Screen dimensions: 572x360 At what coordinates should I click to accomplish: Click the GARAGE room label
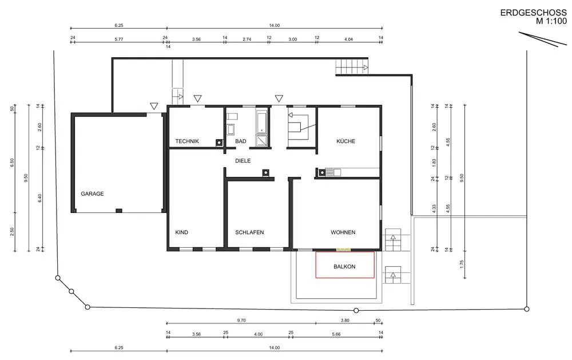point(92,194)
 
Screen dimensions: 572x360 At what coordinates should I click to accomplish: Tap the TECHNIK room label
point(187,141)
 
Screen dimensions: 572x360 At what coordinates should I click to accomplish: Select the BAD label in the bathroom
point(240,141)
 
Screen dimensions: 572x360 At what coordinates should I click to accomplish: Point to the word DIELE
point(243,161)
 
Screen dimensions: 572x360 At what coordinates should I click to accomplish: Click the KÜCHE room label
point(345,141)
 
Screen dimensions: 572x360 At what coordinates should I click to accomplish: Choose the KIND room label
point(182,232)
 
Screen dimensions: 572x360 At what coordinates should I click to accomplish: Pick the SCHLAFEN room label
point(249,232)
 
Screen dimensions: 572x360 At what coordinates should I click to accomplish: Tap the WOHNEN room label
point(343,232)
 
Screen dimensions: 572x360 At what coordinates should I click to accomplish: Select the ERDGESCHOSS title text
point(533,13)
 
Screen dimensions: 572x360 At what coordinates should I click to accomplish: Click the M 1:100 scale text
point(551,21)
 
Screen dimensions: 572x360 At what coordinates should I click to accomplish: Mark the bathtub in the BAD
point(261,122)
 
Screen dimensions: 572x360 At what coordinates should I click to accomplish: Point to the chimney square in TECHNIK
point(219,143)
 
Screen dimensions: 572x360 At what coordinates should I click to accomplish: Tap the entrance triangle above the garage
point(154,106)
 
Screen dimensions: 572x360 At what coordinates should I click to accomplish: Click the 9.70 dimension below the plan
point(241,321)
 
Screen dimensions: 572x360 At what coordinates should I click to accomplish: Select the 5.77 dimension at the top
point(119,39)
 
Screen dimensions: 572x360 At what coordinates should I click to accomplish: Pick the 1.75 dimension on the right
point(462,264)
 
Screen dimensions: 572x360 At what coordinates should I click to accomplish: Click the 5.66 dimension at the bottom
point(336,334)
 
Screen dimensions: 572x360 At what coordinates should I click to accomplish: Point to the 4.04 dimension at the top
point(348,39)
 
